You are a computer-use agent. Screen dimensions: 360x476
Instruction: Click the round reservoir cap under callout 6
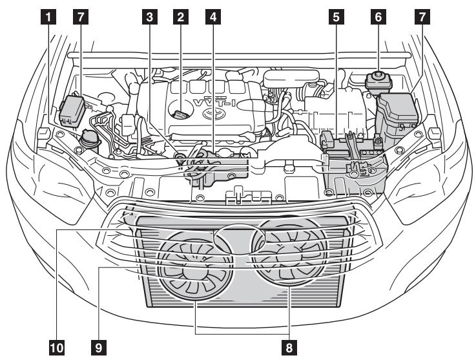(x=377, y=81)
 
